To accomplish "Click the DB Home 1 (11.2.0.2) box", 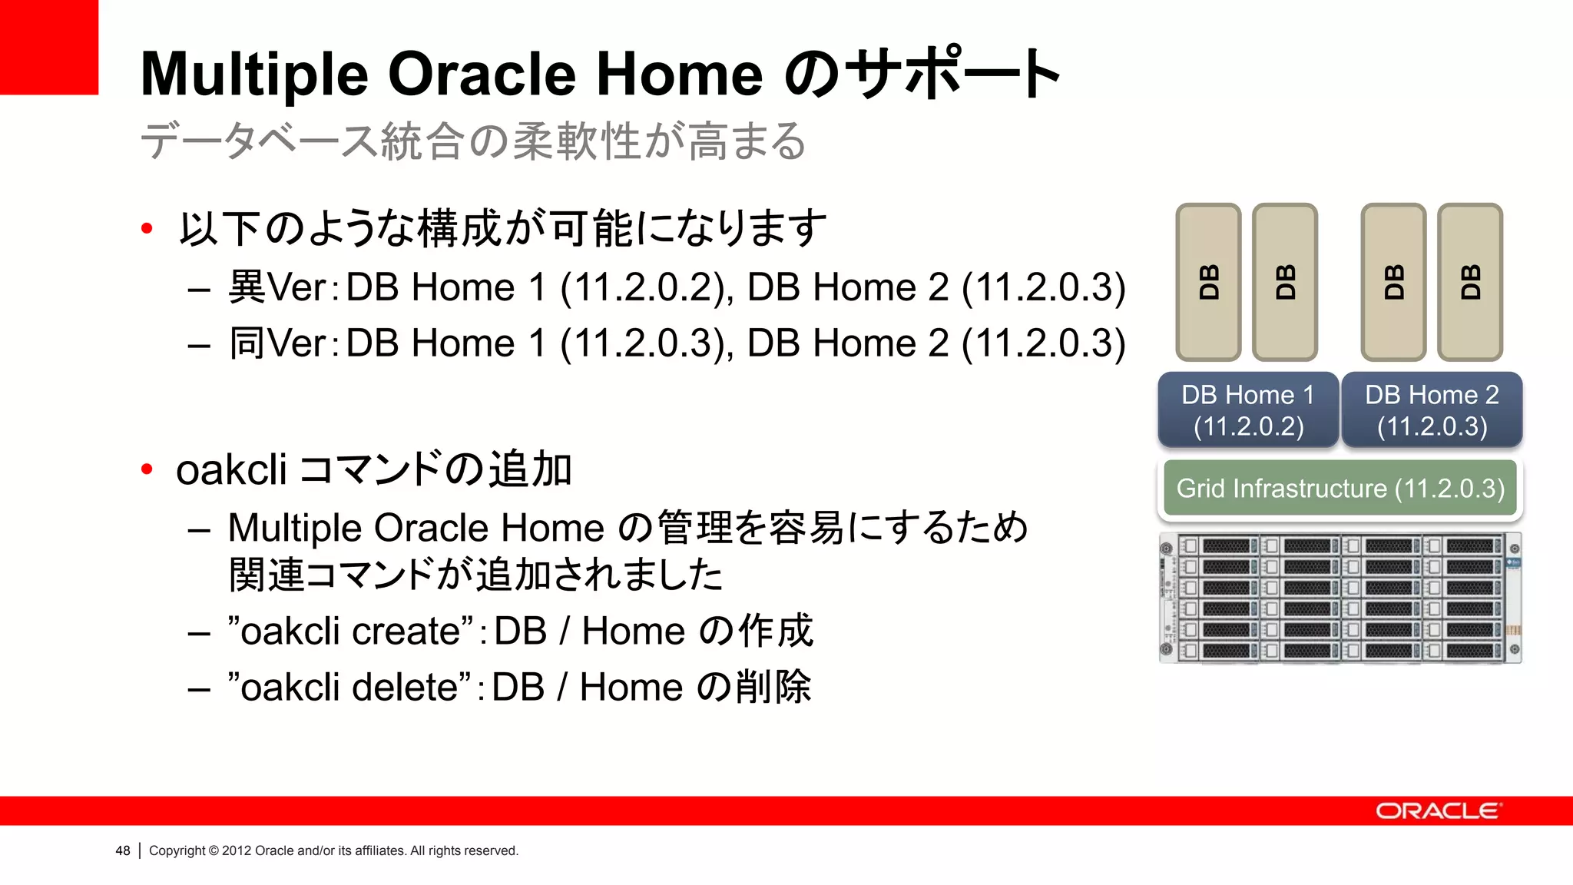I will (x=1247, y=410).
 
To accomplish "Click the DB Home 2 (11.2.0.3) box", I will (x=1432, y=410).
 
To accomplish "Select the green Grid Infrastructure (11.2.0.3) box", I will (x=1340, y=489).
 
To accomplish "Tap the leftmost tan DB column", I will (x=1208, y=282).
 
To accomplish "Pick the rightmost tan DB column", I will (x=1470, y=282).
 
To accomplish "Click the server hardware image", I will (x=1340, y=598).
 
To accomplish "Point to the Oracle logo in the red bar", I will (x=1438, y=811).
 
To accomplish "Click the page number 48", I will (x=122, y=851).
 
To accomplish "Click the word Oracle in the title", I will (x=482, y=75).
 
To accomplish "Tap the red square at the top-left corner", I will (x=48, y=47).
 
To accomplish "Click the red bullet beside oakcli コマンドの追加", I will (x=147, y=469).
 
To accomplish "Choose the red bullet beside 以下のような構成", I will (x=147, y=228).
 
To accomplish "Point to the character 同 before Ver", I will (x=247, y=343).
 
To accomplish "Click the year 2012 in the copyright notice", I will (x=237, y=851).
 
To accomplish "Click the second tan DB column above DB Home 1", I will (x=1285, y=282).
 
